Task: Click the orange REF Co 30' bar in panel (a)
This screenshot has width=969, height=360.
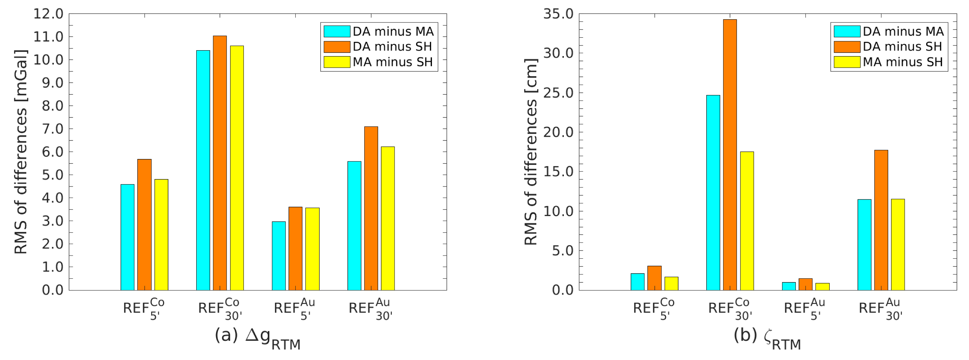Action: click(x=220, y=163)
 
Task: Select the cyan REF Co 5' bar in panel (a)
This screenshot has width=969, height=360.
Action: click(x=127, y=237)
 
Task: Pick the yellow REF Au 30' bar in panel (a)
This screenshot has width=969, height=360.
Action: click(x=388, y=218)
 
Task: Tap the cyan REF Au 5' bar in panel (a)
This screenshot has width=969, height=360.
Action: click(x=279, y=256)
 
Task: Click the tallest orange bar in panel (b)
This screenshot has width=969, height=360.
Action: click(x=730, y=155)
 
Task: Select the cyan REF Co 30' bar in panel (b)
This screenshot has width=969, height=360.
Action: click(x=713, y=192)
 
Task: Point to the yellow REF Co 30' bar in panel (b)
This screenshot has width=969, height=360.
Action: click(x=747, y=221)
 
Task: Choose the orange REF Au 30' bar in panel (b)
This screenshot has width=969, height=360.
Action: click(x=881, y=220)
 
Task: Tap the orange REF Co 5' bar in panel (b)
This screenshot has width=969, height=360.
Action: click(x=655, y=278)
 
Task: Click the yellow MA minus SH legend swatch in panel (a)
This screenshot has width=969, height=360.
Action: click(x=336, y=62)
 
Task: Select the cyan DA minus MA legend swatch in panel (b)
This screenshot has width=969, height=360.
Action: click(x=847, y=31)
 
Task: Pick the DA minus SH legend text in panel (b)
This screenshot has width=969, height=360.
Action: click(x=902, y=47)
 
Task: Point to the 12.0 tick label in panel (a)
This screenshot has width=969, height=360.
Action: click(x=48, y=14)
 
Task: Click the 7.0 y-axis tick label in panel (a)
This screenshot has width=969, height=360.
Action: click(x=52, y=129)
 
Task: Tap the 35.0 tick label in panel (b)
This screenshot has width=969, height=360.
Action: click(x=558, y=14)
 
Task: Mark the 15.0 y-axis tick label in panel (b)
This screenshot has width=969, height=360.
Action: click(x=558, y=172)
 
